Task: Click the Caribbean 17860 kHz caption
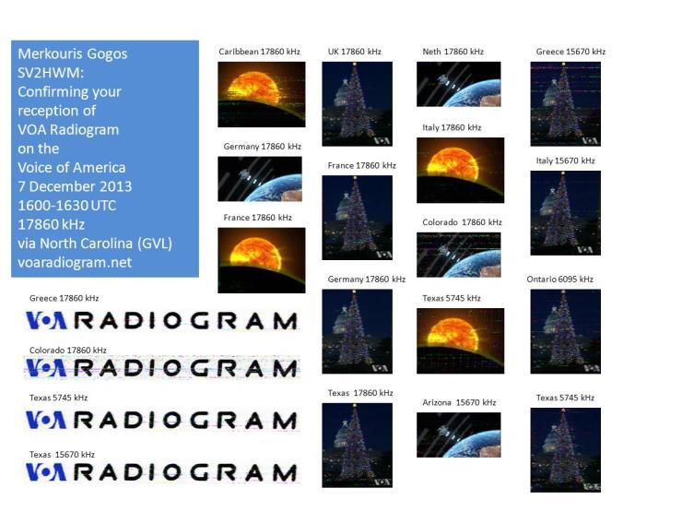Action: coord(259,52)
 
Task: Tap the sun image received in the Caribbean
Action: coord(262,94)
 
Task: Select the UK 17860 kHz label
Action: coord(355,52)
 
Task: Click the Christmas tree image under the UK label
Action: coord(357,103)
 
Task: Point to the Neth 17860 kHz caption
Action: coord(453,52)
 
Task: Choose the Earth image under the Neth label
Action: coord(458,84)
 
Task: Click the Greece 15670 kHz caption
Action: coord(570,52)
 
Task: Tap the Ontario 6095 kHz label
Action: coord(559,280)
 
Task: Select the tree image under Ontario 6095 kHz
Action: coord(566,331)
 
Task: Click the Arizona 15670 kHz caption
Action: coord(459,402)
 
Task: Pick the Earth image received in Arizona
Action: coord(458,435)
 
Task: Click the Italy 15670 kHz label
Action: coord(565,161)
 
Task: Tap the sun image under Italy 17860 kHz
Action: coord(460,171)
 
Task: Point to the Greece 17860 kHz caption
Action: coord(64,298)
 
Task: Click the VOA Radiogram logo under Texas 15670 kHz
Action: coord(162,472)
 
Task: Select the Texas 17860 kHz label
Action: coord(360,393)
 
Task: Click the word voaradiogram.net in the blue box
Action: coord(75,262)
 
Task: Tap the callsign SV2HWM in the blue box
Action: coord(50,73)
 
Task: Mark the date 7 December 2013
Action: coord(75,186)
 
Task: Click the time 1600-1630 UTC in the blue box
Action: coord(66,205)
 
